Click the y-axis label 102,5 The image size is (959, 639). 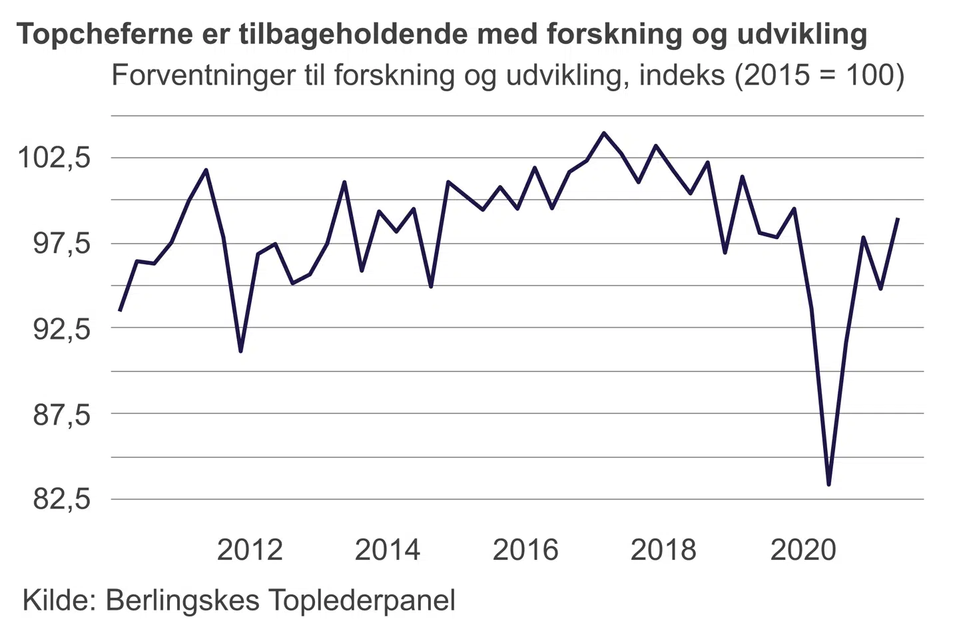(53, 158)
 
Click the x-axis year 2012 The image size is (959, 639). (250, 550)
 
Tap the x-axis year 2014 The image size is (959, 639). (388, 550)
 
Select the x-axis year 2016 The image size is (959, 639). (525, 550)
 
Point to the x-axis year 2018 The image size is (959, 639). (663, 550)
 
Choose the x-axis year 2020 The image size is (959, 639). (802, 550)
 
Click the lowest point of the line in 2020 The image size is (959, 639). (828, 484)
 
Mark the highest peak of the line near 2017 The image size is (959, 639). (604, 133)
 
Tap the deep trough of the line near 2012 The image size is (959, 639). (240, 351)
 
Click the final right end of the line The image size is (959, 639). (898, 218)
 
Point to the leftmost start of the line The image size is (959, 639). (120, 310)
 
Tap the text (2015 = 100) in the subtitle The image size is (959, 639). (818, 75)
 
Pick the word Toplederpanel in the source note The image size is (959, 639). (363, 600)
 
